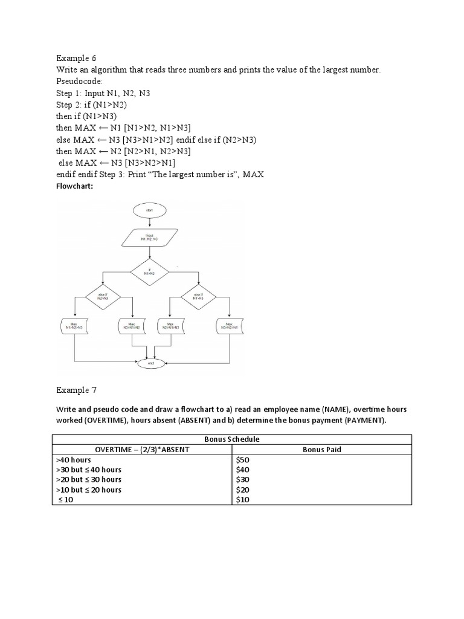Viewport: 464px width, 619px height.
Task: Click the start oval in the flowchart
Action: (x=149, y=210)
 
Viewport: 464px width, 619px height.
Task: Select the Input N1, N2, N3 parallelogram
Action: (x=149, y=238)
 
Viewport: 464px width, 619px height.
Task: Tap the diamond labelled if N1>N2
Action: (x=149, y=272)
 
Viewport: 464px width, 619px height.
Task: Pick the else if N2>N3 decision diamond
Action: (x=103, y=297)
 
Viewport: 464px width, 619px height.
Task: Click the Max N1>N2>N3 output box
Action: (x=75, y=327)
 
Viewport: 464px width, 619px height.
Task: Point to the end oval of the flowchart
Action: (x=149, y=364)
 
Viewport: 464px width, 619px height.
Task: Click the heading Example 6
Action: (x=76, y=59)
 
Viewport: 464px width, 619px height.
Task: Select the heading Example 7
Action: (x=76, y=391)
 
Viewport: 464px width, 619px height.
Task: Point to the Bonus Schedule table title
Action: (x=232, y=439)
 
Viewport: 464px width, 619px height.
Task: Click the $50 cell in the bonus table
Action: (x=242, y=460)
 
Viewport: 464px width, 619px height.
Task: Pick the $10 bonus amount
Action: (x=242, y=500)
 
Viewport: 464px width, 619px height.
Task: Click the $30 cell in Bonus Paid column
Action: (x=242, y=480)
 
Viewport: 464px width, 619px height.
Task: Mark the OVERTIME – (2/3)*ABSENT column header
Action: (x=143, y=450)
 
